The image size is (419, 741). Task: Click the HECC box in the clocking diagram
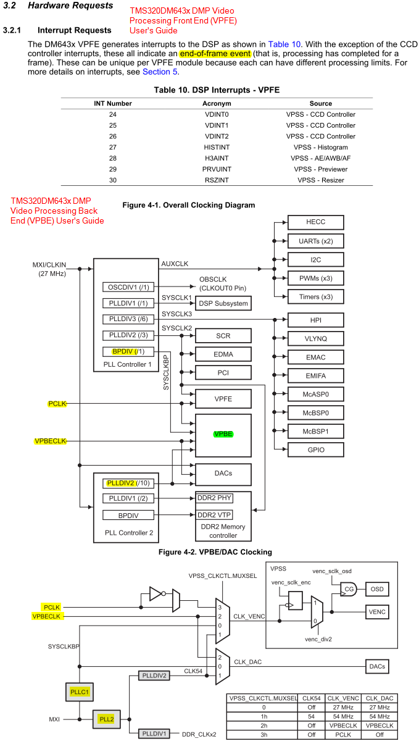315,222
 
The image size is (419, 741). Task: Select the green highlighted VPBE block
223,434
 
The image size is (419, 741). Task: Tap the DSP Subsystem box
223,303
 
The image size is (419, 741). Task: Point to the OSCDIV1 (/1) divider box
130,287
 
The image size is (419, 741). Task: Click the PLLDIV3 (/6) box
130,319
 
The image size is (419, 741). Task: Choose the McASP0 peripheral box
315,393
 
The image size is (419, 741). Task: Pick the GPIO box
315,450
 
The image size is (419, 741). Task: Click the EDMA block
223,354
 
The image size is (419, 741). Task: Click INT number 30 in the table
112,180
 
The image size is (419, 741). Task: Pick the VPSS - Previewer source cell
320,169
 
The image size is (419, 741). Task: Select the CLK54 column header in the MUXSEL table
312,698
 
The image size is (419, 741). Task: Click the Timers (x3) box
315,296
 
